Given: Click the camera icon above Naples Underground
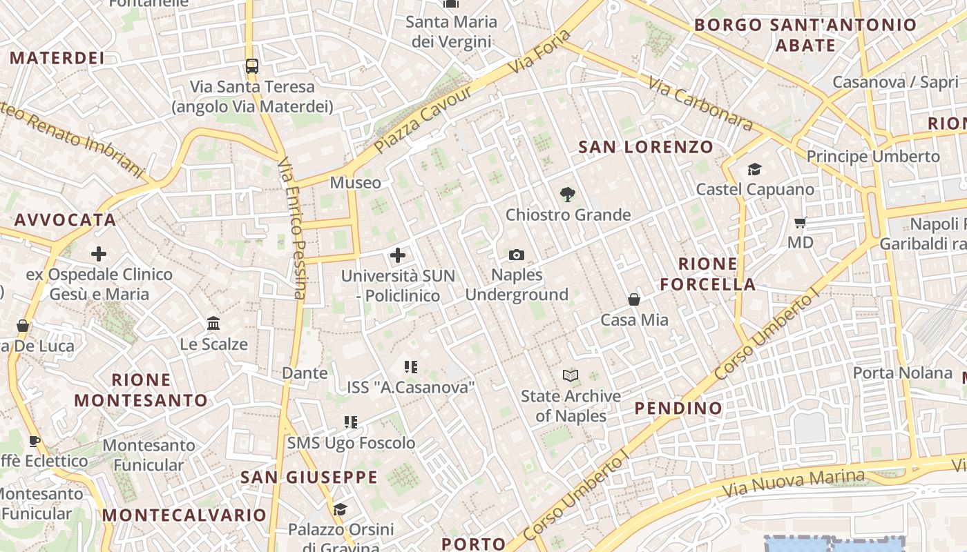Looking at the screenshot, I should click(516, 255).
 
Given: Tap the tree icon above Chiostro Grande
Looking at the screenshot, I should click(568, 195).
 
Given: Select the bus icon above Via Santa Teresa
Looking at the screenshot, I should click(252, 66).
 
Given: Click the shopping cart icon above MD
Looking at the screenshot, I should click(801, 222).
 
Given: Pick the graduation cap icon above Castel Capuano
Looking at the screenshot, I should click(754, 169).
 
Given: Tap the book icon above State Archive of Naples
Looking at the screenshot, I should click(571, 375).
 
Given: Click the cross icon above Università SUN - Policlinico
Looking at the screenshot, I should click(398, 256).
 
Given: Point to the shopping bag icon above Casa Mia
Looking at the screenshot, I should click(634, 299).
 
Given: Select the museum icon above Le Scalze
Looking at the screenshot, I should click(213, 324).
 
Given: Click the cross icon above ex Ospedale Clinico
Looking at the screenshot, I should click(99, 254).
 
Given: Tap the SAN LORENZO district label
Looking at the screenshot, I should click(645, 147).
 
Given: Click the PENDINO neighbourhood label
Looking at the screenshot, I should click(678, 408).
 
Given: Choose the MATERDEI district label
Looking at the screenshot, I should click(57, 58).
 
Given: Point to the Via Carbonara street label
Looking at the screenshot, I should click(700, 103).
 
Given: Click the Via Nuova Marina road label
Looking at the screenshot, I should click(794, 483).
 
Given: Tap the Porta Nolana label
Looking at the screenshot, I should click(902, 373).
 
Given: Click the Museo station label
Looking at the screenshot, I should click(355, 182).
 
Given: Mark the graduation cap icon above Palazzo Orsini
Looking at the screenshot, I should click(340, 510).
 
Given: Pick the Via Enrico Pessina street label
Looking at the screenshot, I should click(292, 228).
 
